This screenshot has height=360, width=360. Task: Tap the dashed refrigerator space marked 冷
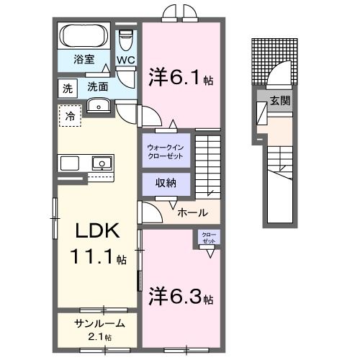[71, 115]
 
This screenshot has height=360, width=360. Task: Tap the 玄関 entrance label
[280, 101]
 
